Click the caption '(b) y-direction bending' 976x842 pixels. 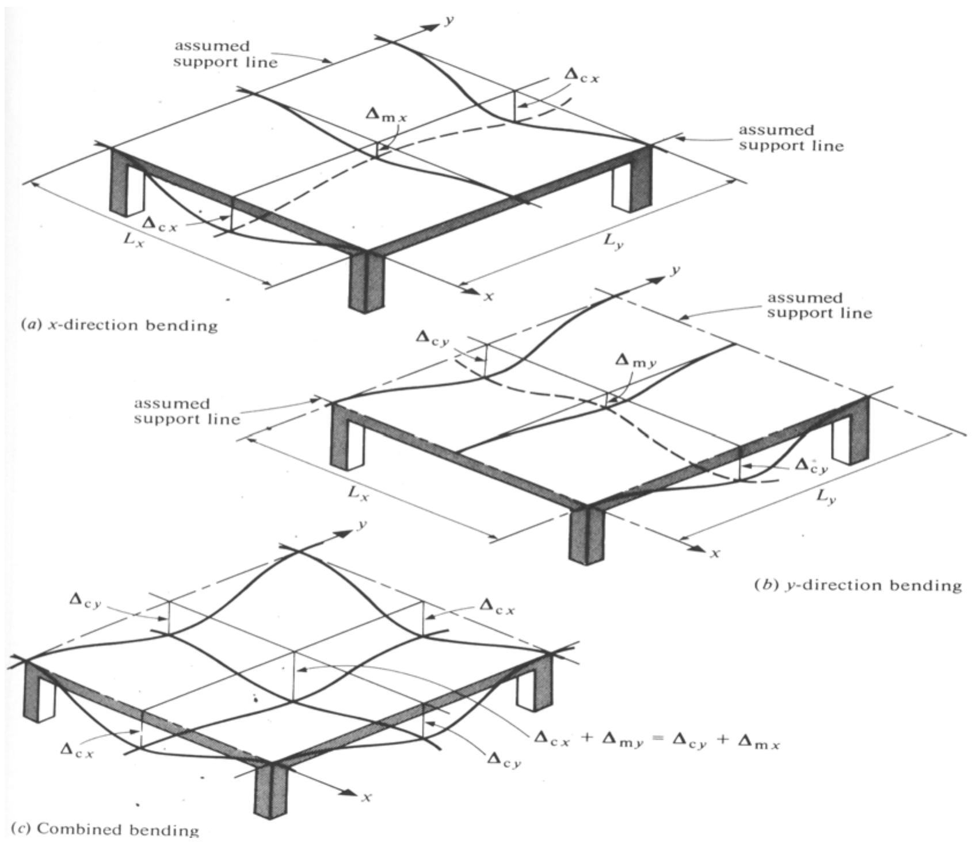(858, 585)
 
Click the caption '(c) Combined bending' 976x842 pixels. (105, 829)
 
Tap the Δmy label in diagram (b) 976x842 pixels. (635, 361)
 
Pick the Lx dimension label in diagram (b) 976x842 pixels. (357, 493)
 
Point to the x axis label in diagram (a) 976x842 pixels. (489, 297)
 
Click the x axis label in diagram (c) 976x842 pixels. (365, 797)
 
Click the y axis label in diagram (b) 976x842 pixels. (676, 270)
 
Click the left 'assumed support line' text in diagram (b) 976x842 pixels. (187, 411)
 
